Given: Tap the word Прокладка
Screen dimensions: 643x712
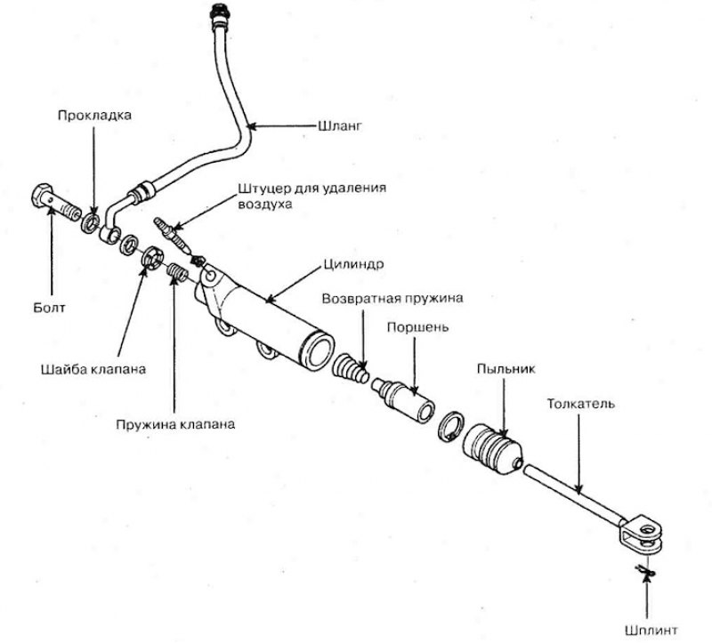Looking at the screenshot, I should click(x=94, y=115).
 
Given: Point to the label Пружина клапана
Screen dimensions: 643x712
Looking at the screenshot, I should click(x=174, y=424).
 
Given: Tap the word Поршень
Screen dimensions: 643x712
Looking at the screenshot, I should click(x=417, y=326).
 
